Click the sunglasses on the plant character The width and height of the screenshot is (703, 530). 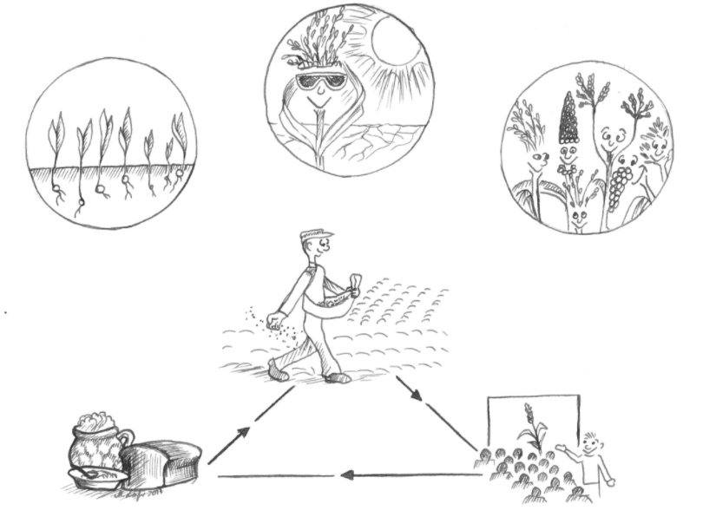coord(320,83)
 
